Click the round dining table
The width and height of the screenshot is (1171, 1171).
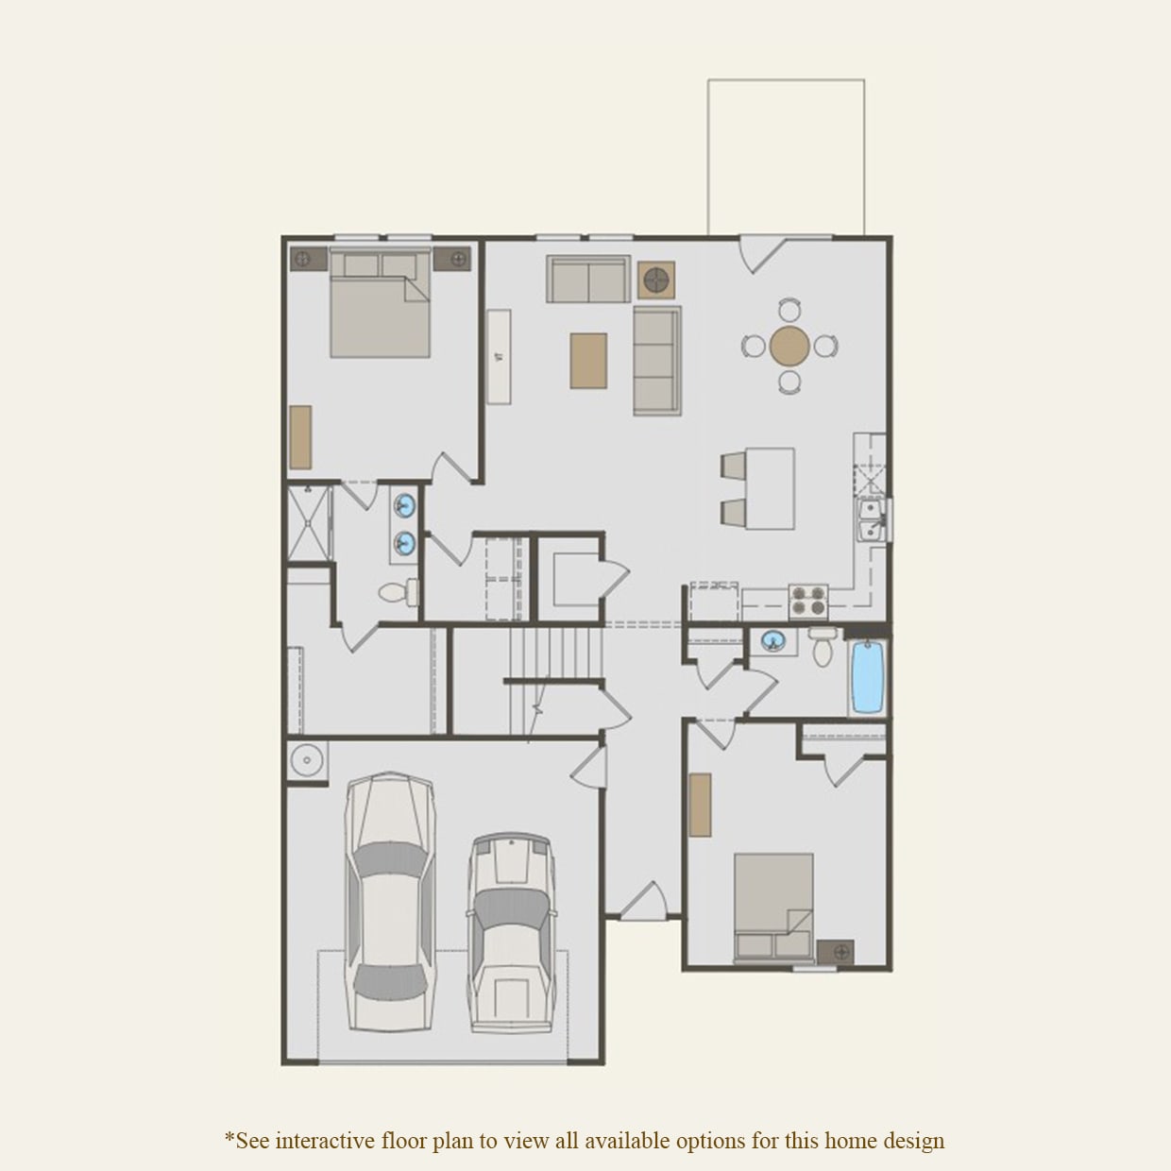click(x=789, y=346)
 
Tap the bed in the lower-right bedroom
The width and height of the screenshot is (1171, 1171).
click(x=774, y=907)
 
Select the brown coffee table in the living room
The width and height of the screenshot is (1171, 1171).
click(x=588, y=360)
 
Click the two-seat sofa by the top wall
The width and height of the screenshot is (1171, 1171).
click(x=587, y=280)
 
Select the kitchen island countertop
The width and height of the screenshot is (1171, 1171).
click(x=769, y=488)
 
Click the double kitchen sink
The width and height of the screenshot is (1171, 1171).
click(x=871, y=519)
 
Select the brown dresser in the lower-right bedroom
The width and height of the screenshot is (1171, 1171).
click(x=700, y=805)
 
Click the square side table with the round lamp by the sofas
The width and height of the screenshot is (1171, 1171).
click(x=655, y=279)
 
